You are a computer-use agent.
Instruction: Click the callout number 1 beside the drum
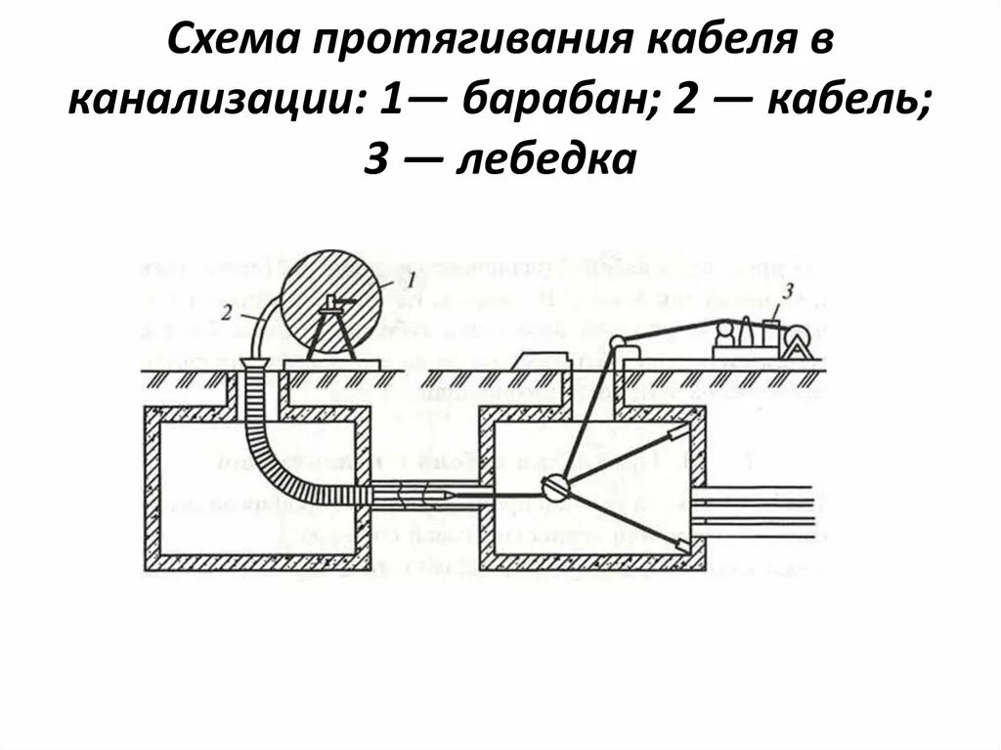pyautogui.click(x=412, y=281)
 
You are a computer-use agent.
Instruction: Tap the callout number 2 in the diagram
pyautogui.click(x=226, y=312)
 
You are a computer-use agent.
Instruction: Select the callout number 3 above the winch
pyautogui.click(x=789, y=289)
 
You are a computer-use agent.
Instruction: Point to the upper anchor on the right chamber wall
pyautogui.click(x=675, y=434)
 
